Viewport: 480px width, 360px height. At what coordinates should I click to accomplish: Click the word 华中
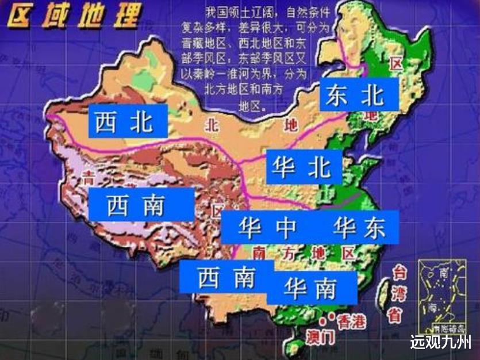268,227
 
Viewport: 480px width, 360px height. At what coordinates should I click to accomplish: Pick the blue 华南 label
311,288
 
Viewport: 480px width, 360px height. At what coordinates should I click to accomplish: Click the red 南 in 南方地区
259,253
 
